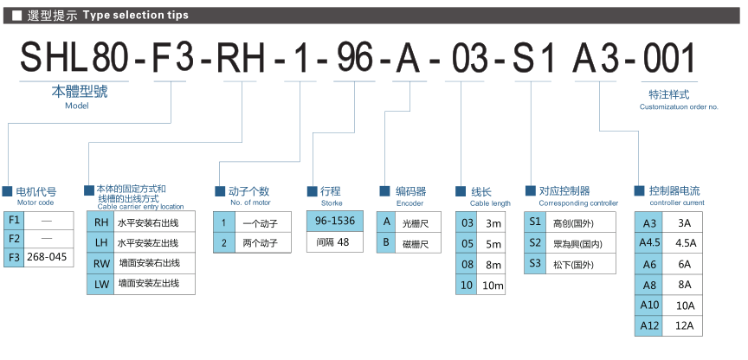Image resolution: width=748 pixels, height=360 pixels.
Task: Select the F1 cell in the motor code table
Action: tap(15, 218)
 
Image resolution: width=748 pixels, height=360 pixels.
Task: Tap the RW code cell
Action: tap(101, 262)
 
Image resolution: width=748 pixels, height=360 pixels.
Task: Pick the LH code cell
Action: tap(101, 242)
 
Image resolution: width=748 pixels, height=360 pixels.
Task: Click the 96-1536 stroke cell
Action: tap(334, 220)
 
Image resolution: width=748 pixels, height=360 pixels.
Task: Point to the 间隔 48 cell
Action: tap(334, 242)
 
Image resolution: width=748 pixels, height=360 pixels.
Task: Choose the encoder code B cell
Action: tap(388, 242)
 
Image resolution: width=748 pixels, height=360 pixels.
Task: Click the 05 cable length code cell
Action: tap(467, 244)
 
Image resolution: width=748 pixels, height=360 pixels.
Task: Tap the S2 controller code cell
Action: tap(535, 241)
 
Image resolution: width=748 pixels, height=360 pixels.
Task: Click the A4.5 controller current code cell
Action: tap(650, 243)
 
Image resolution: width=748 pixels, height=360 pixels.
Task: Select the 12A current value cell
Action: tap(684, 325)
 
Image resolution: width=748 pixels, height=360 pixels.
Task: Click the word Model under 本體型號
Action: tap(77, 106)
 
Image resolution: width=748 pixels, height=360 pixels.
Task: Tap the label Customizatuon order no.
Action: tap(679, 106)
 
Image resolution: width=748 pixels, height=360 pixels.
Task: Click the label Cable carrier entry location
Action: tap(140, 207)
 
